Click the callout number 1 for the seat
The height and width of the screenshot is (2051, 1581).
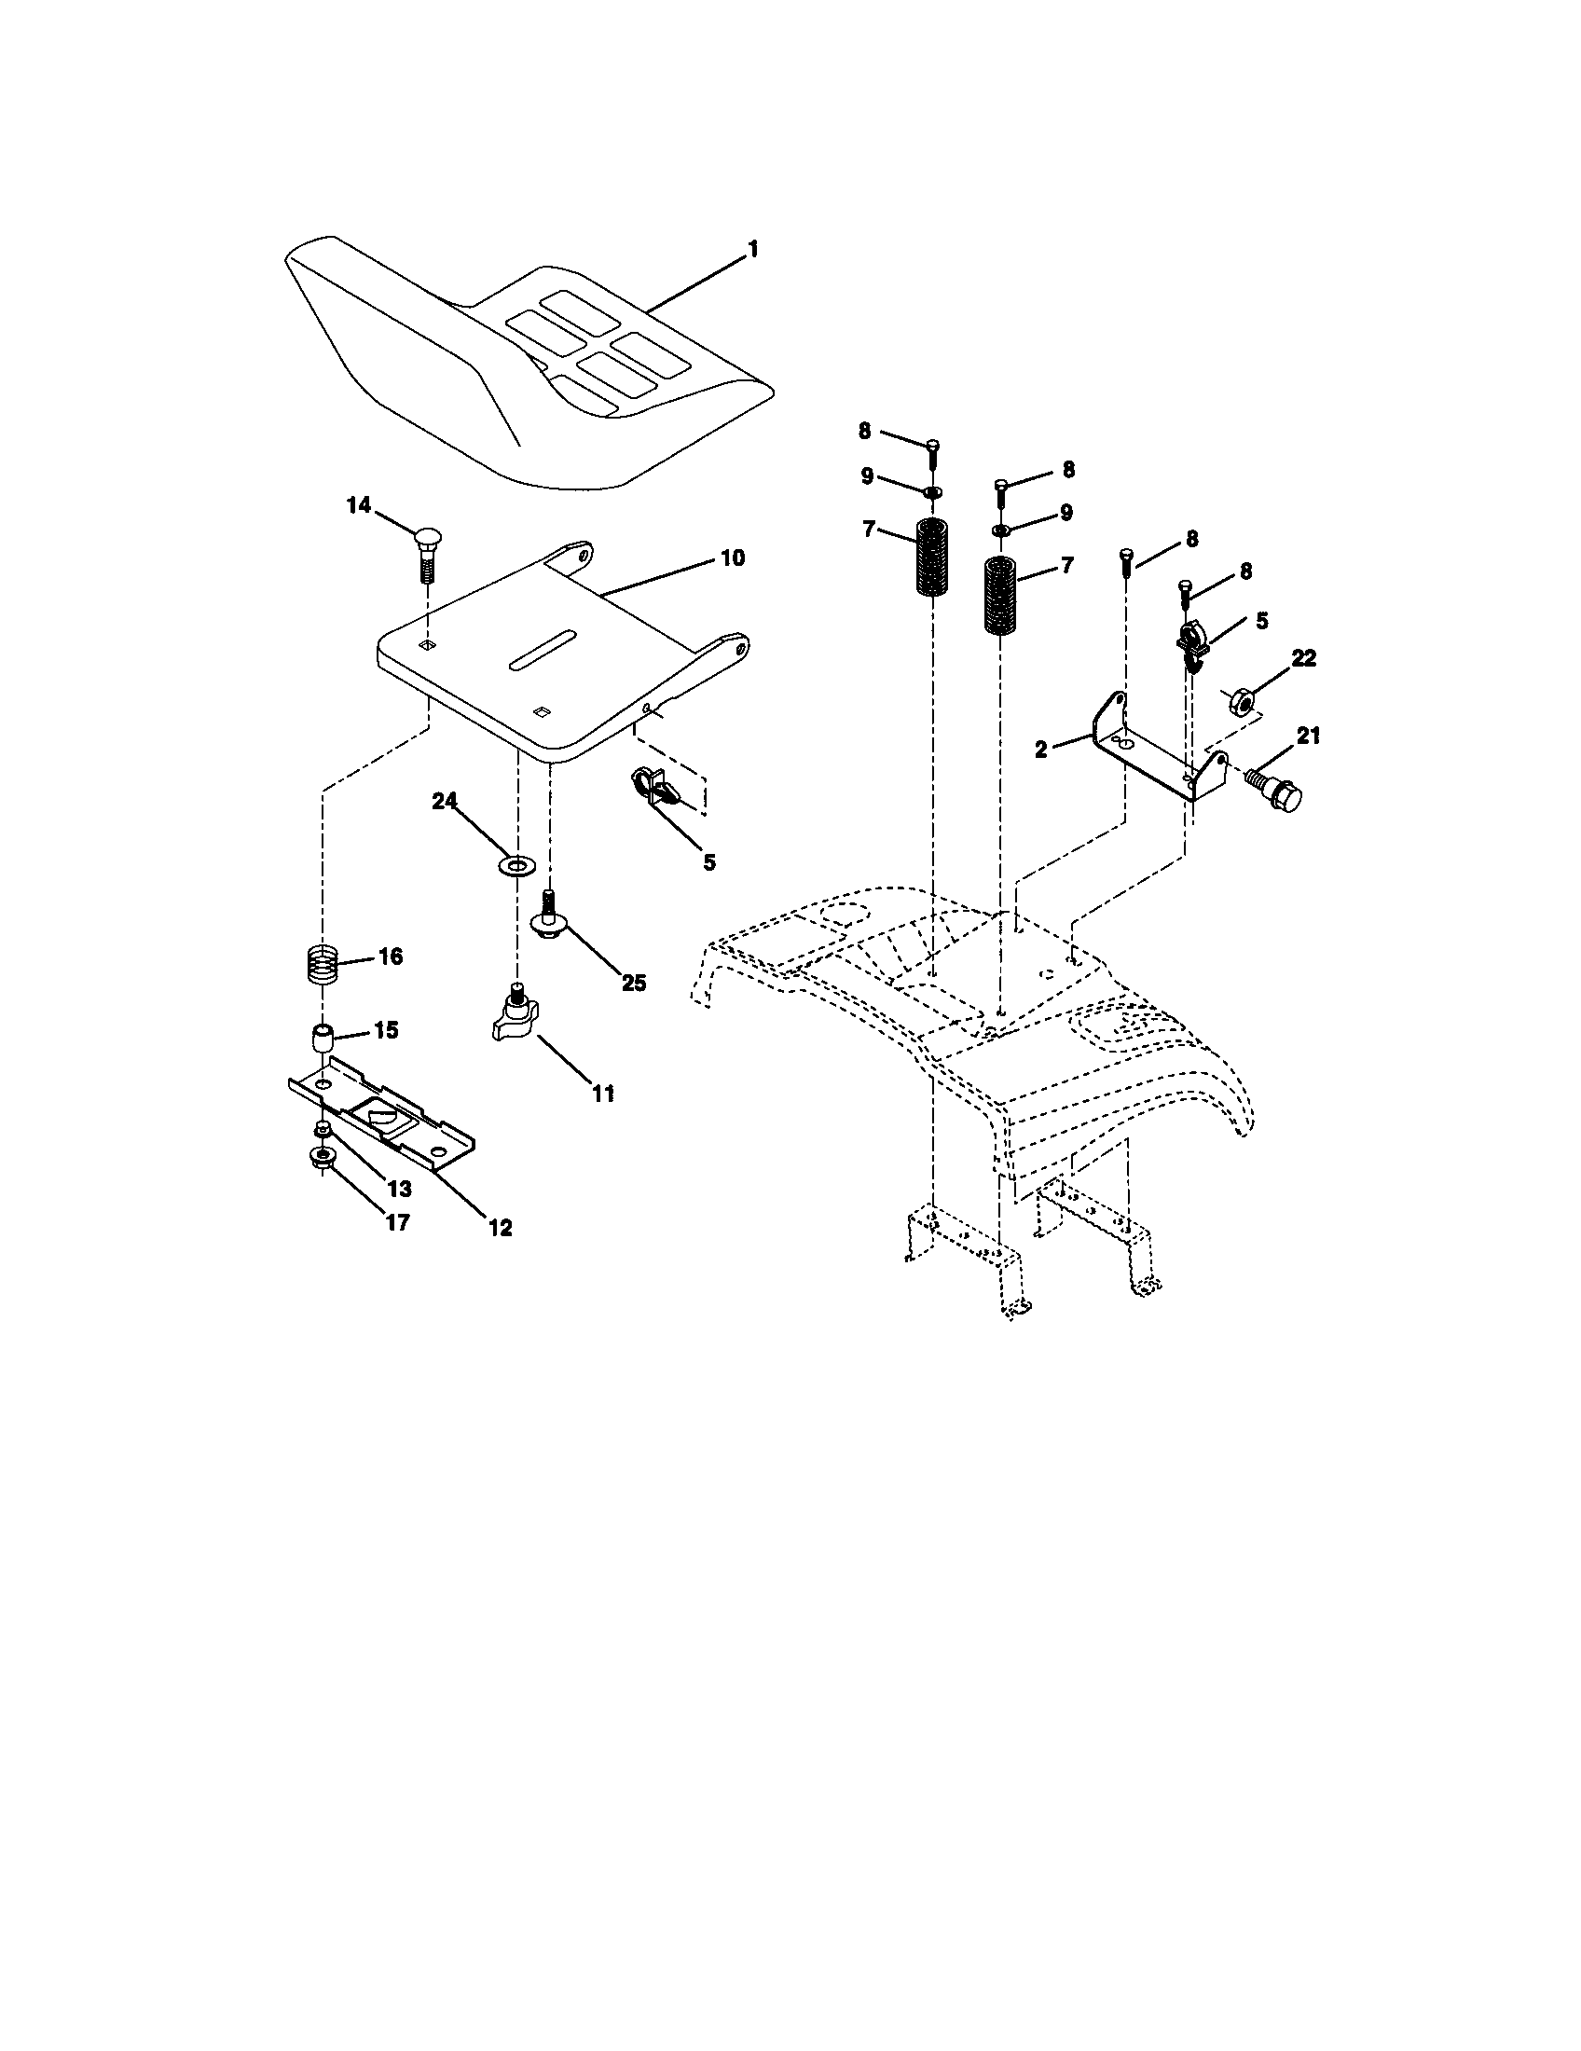pyautogui.click(x=752, y=249)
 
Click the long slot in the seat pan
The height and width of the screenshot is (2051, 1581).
pyautogui.click(x=541, y=650)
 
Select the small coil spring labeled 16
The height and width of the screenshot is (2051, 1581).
pyautogui.click(x=323, y=964)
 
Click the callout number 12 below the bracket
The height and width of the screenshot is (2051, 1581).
pyautogui.click(x=500, y=1227)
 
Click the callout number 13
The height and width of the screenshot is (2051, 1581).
pyautogui.click(x=399, y=1189)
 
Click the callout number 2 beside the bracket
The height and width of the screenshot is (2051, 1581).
pyautogui.click(x=1041, y=750)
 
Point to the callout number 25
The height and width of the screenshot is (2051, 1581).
pyautogui.click(x=634, y=983)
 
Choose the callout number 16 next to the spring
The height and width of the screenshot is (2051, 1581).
pyautogui.click(x=390, y=956)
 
